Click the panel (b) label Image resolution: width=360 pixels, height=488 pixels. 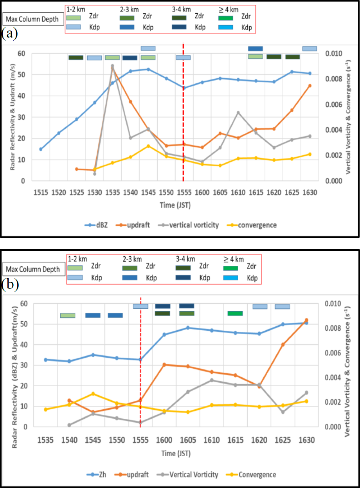pos(10,285)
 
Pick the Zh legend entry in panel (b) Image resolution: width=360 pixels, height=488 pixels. pos(99,475)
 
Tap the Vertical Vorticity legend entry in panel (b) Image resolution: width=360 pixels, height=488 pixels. pos(194,475)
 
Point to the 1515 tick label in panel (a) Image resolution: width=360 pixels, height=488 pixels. pos(41,192)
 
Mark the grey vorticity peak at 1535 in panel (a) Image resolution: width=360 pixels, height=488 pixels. pos(112,66)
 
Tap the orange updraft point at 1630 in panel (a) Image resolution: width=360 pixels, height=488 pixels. pos(310,86)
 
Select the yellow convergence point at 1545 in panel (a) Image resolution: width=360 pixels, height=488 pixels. pos(148,146)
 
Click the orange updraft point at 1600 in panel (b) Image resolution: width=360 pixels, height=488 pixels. pos(164,365)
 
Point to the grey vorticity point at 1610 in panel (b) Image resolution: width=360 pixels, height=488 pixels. pos(212,380)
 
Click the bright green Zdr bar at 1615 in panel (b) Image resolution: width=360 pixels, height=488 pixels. pos(235,313)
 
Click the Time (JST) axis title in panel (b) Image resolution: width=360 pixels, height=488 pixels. pos(176,454)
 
